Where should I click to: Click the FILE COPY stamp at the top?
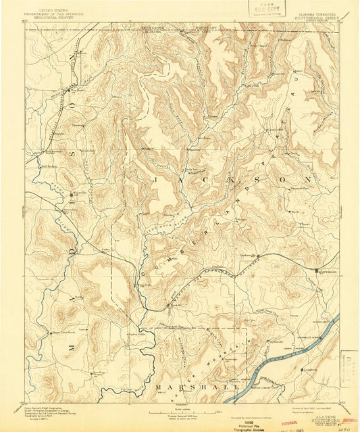[261, 9]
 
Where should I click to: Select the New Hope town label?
[99, 371]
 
